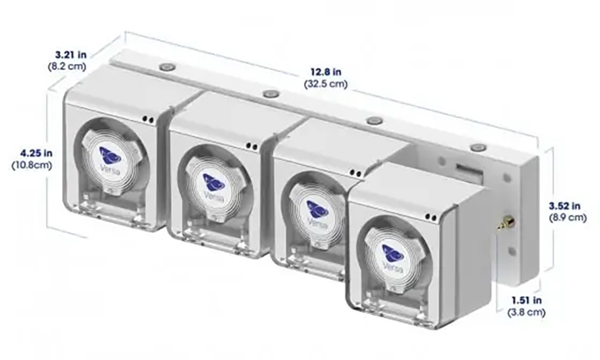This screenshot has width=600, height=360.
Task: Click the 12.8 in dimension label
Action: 326,72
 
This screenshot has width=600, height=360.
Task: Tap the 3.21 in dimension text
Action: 67,54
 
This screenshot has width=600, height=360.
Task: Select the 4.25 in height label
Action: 30,154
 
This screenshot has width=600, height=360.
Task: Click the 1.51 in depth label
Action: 527,300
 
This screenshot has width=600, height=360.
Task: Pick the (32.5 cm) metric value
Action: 326,84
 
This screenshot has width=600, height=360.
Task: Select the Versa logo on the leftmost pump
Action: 110,156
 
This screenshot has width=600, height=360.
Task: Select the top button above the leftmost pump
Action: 168,66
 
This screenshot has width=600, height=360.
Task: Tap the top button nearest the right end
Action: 478,147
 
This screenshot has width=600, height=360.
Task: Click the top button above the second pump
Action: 271,93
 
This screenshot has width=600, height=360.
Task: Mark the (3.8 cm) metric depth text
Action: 527,312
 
